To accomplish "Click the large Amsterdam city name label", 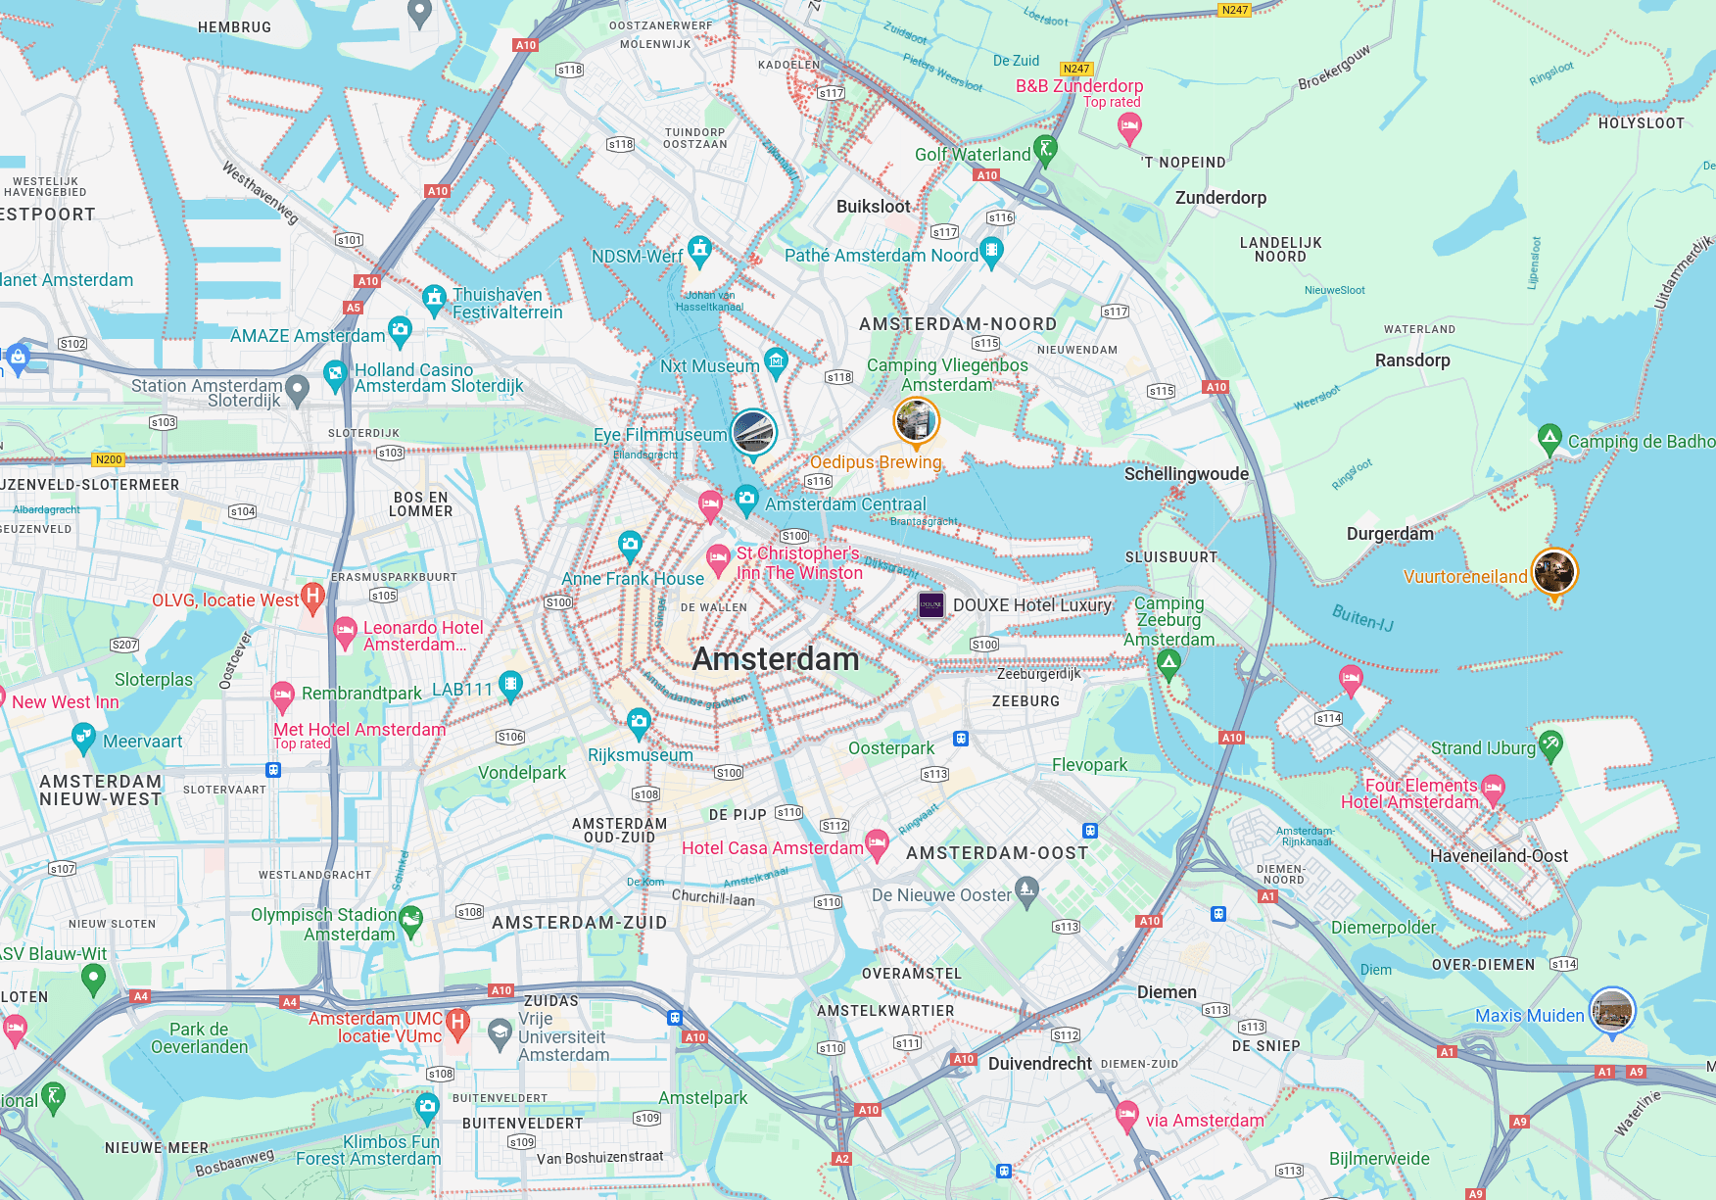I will [775, 659].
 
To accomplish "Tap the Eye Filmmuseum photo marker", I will [753, 432].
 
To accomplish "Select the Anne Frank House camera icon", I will [630, 544].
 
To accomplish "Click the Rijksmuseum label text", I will [640, 755].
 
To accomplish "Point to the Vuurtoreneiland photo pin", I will [1553, 571].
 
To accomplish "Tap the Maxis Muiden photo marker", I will [1611, 1010].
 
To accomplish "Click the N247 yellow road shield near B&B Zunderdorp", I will [1075, 69].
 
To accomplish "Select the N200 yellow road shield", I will [109, 459].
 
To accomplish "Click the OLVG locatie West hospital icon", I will [312, 596].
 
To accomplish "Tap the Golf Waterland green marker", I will [1045, 150].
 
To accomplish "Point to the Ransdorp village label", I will [1411, 360].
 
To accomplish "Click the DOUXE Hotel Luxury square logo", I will [930, 605].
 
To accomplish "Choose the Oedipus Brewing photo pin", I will [916, 421].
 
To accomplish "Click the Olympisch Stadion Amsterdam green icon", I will [410, 919].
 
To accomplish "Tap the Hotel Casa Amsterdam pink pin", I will [877, 842].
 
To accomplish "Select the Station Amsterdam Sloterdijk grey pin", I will [297, 390].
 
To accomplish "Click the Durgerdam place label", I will [1389, 534].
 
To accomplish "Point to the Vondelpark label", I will [522, 773].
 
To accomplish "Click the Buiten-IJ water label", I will [1361, 617].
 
